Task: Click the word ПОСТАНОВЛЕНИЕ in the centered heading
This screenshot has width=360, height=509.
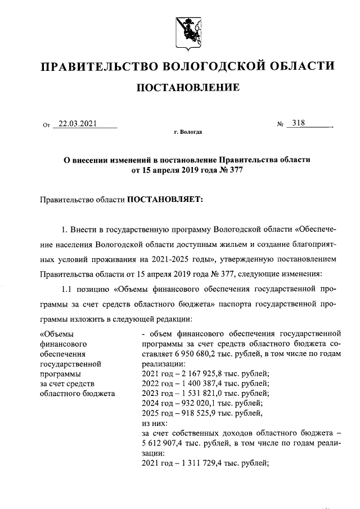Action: point(187,87)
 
